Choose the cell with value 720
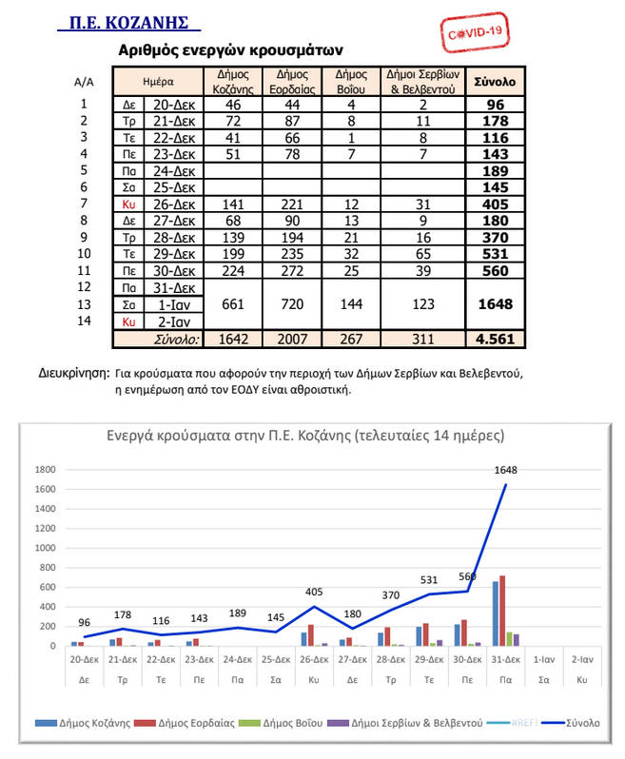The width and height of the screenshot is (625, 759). [294, 304]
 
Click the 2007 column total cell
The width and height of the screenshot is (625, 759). [294, 338]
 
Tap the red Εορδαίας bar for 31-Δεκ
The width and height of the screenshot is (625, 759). [502, 611]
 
